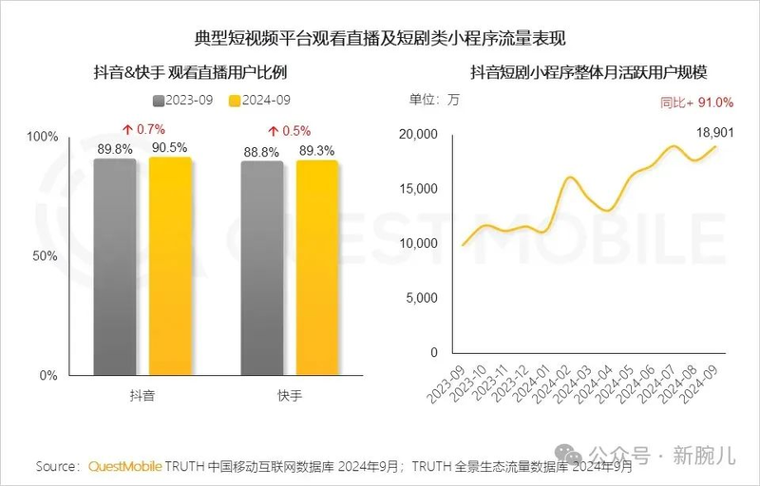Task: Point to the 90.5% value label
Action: point(171,147)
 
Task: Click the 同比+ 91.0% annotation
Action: point(698,102)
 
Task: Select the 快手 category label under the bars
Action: point(290,395)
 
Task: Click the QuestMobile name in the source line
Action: point(124,466)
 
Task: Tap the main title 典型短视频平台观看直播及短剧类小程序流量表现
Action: point(380,39)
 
